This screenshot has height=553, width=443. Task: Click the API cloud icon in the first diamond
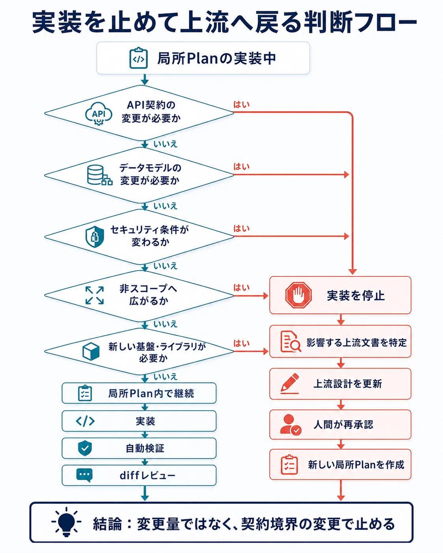point(99,114)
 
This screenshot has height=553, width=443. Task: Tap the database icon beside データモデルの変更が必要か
point(99,175)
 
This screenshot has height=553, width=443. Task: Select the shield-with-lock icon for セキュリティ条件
point(95,237)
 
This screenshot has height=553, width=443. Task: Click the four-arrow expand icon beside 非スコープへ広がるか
point(94,295)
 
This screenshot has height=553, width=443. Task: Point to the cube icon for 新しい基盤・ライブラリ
point(91,351)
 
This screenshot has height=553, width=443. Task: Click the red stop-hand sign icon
point(298,295)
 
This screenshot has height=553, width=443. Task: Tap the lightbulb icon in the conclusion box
point(66,522)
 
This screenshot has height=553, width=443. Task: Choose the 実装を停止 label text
point(356,295)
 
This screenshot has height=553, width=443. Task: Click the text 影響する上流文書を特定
point(357,342)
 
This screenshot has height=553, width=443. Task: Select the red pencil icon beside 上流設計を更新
point(290,383)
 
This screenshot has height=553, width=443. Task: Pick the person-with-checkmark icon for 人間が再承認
point(291,424)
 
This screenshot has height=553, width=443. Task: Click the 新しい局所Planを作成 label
point(356,465)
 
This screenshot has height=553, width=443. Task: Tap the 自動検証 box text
point(145,448)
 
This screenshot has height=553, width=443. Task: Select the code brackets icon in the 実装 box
point(85,421)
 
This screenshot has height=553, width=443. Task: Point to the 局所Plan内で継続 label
point(151,393)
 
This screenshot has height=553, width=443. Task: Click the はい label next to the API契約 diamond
point(241,105)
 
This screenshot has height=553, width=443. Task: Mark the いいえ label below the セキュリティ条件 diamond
point(165,266)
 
